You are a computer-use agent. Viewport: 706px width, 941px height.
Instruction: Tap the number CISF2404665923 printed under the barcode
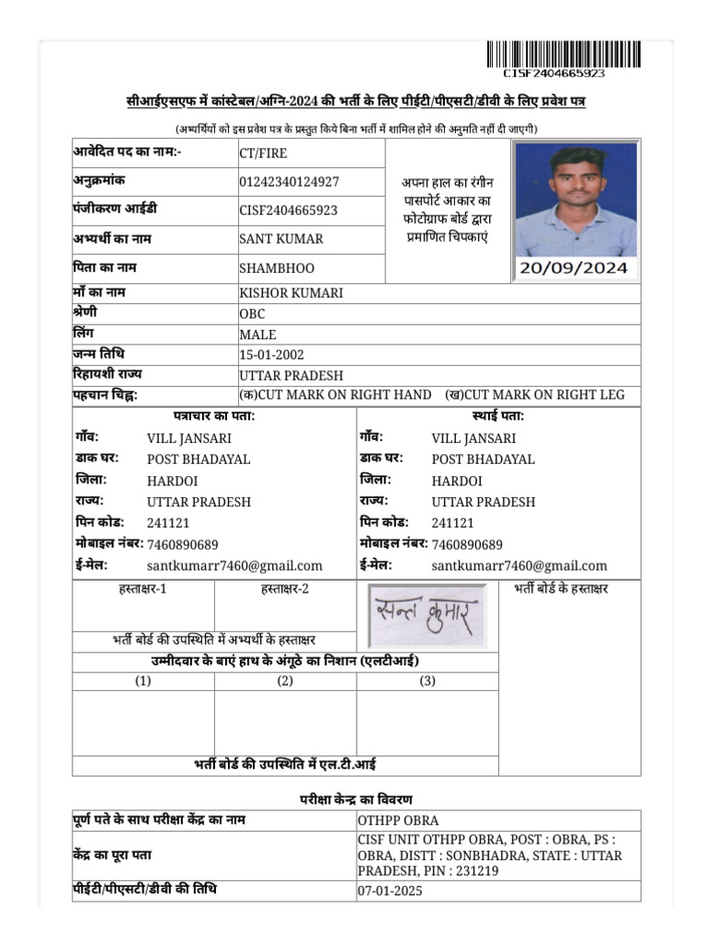point(553,74)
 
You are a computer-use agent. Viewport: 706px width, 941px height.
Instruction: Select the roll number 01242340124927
point(289,182)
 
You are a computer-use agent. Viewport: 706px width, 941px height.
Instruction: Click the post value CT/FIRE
point(262,153)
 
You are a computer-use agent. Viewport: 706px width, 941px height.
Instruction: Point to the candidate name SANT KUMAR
point(281,239)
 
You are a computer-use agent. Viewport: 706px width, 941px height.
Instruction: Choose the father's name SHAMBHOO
point(277,268)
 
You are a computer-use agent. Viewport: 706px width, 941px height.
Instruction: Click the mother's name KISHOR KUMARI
point(291,293)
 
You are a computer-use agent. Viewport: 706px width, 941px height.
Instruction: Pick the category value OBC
point(252,314)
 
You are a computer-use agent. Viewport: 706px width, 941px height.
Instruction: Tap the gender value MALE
point(257,335)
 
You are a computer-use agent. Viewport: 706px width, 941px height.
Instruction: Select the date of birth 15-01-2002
point(271,355)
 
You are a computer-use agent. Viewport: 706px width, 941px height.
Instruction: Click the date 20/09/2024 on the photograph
point(575,268)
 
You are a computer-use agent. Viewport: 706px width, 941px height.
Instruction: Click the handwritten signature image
point(428,615)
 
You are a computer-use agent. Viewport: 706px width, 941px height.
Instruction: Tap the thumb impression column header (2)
point(285,681)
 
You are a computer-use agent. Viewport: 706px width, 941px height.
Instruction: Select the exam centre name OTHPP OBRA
point(398,821)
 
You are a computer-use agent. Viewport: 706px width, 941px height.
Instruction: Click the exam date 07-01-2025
point(391,891)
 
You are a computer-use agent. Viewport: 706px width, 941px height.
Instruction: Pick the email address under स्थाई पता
point(519,566)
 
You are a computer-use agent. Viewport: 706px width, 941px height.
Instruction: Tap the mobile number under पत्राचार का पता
point(183,545)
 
